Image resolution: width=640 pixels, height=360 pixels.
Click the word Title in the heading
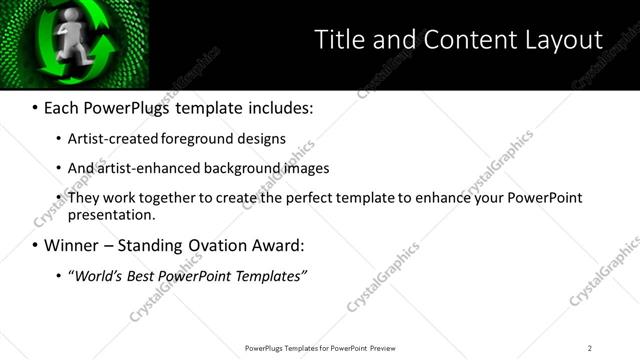click(x=336, y=40)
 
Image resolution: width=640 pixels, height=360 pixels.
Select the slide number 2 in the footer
click(x=590, y=348)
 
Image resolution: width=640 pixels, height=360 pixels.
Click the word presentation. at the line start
click(x=112, y=214)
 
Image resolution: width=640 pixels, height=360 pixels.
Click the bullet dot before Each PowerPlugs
click(x=36, y=107)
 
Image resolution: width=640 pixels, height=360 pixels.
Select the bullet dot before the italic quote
click(x=60, y=275)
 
